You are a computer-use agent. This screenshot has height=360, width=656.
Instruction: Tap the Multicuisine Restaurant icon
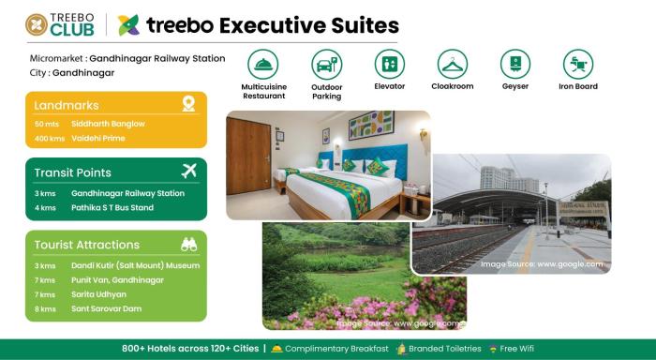[263, 64]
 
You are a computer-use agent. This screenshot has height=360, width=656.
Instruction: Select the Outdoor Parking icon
[326, 64]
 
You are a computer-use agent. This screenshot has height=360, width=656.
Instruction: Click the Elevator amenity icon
[389, 64]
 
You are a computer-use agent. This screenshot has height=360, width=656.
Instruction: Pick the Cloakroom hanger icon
[453, 64]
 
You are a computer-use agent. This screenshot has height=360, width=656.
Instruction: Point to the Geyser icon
[515, 64]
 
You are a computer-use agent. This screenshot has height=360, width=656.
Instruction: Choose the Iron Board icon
[578, 64]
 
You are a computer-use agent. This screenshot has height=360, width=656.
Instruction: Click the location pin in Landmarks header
[188, 104]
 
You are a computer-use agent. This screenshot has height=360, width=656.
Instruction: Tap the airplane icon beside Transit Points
[188, 172]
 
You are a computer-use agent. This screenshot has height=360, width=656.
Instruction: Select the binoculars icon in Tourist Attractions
[188, 245]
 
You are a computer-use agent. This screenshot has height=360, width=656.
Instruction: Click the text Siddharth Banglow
[108, 124]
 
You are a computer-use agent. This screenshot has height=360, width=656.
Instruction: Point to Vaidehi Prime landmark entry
[97, 138]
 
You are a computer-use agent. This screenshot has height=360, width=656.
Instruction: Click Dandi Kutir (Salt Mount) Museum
[135, 265]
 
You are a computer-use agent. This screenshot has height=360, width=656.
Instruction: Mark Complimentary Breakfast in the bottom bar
[336, 349]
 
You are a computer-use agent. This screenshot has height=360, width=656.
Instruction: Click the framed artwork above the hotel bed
[371, 126]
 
